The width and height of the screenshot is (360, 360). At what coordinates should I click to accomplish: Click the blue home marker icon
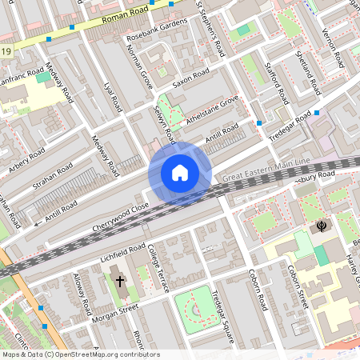pos(180,172)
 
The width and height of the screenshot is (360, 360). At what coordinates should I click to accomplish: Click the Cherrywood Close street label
pos(119,211)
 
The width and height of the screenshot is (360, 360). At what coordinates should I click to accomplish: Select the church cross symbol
pos(120,281)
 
